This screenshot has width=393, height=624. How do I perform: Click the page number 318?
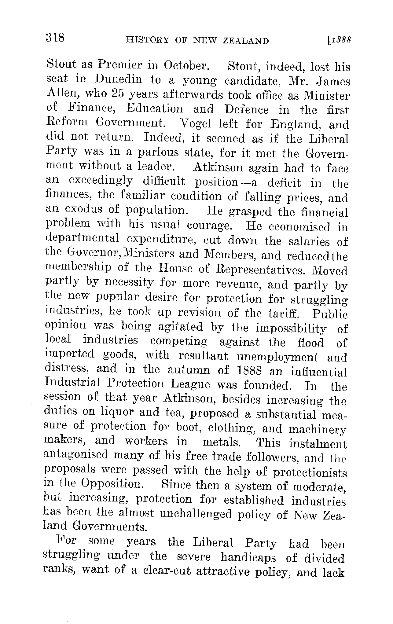(55, 38)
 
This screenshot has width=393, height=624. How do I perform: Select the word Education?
(155, 109)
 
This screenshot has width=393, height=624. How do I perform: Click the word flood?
(310, 343)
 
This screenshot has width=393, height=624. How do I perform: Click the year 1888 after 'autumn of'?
(250, 371)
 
